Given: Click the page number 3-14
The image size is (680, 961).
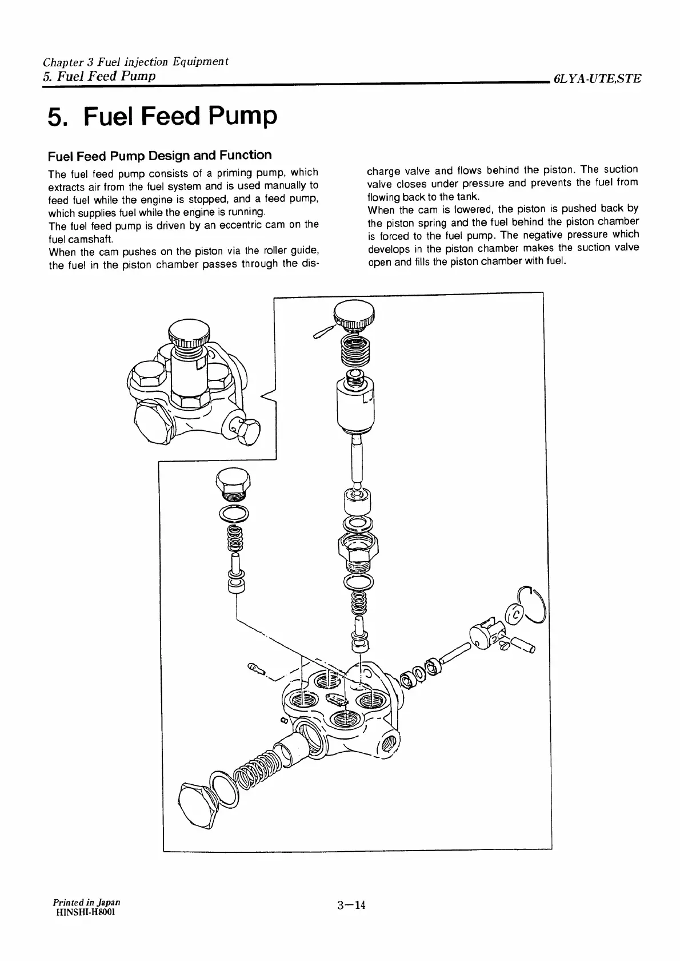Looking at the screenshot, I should tap(351, 904).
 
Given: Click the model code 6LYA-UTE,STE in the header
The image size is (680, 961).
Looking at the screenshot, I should tap(596, 80).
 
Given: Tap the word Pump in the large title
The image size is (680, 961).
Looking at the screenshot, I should tap(242, 116).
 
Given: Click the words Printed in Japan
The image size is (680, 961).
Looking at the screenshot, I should tap(86, 902).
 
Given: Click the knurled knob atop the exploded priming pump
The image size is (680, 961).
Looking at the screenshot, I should tap(354, 315).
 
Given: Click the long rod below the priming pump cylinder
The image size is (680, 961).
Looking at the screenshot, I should tap(357, 458).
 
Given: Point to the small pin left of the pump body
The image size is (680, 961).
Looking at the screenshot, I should tap(255, 668).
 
